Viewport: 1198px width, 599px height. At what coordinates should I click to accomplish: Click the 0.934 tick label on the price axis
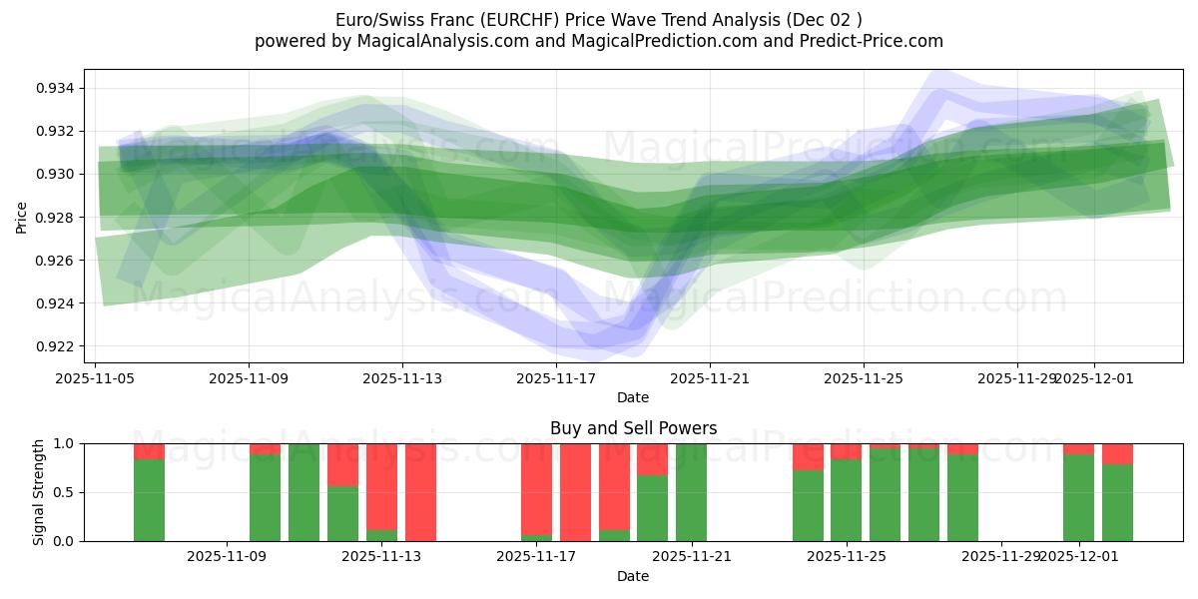(56, 88)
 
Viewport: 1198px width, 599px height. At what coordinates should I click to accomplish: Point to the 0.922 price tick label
(56, 346)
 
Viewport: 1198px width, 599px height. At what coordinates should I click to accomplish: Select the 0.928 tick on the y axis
(56, 218)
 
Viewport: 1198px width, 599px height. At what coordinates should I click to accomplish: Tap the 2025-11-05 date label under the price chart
(95, 379)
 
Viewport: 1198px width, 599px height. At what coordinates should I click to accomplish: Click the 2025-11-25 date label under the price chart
(864, 379)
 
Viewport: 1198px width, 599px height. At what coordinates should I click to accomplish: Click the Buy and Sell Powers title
(633, 428)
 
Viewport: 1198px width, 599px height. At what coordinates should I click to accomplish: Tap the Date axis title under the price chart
(633, 397)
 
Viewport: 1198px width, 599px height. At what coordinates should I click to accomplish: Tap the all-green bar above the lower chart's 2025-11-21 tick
(691, 492)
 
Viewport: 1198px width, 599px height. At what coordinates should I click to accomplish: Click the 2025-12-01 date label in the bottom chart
(1079, 557)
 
